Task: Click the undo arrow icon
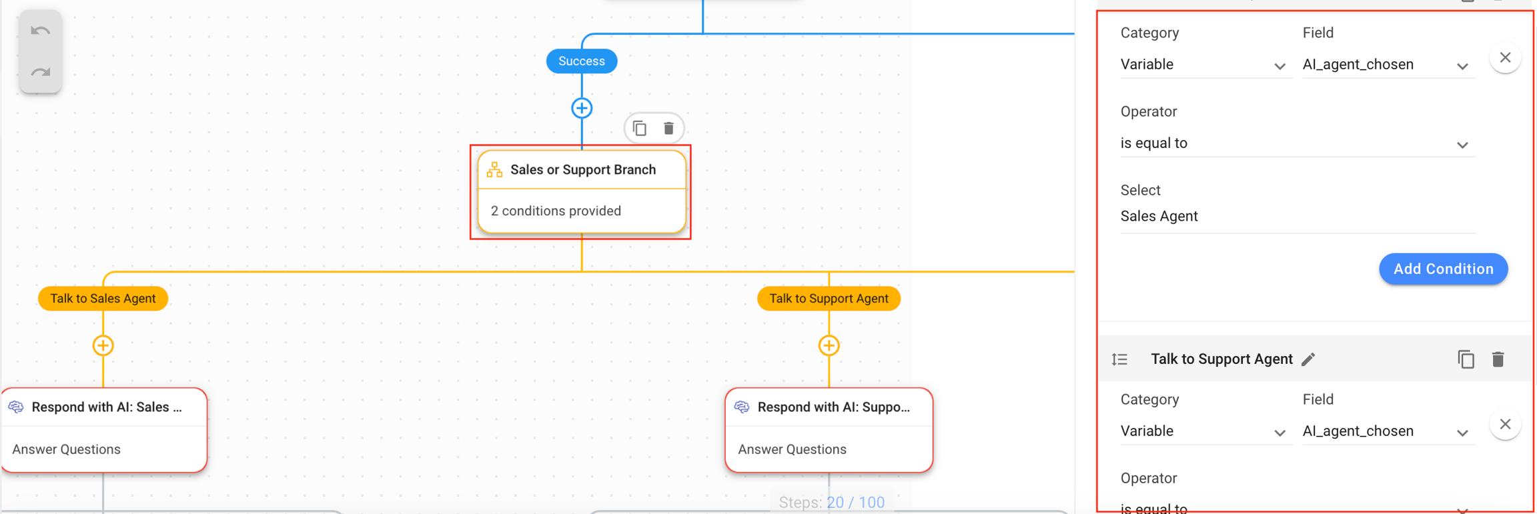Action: tap(41, 31)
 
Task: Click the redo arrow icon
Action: tap(41, 72)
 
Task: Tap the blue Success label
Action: tap(581, 61)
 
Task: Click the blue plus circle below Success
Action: tap(582, 108)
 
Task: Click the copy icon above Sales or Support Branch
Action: tap(640, 128)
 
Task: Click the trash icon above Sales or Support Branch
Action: tap(668, 128)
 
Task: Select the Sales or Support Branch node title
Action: tap(582, 170)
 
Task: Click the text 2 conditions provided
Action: tap(556, 211)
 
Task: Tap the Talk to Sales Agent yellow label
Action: tap(103, 299)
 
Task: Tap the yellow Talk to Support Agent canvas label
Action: tap(829, 299)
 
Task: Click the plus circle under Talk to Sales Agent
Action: tap(103, 345)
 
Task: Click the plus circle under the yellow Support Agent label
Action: tap(829, 345)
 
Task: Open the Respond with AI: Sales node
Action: tap(105, 407)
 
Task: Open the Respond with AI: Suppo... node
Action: tap(833, 407)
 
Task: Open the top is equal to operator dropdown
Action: tap(1297, 143)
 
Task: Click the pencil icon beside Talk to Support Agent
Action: tap(1308, 359)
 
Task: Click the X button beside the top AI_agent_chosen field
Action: tap(1505, 58)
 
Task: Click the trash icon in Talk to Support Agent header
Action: tap(1498, 359)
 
